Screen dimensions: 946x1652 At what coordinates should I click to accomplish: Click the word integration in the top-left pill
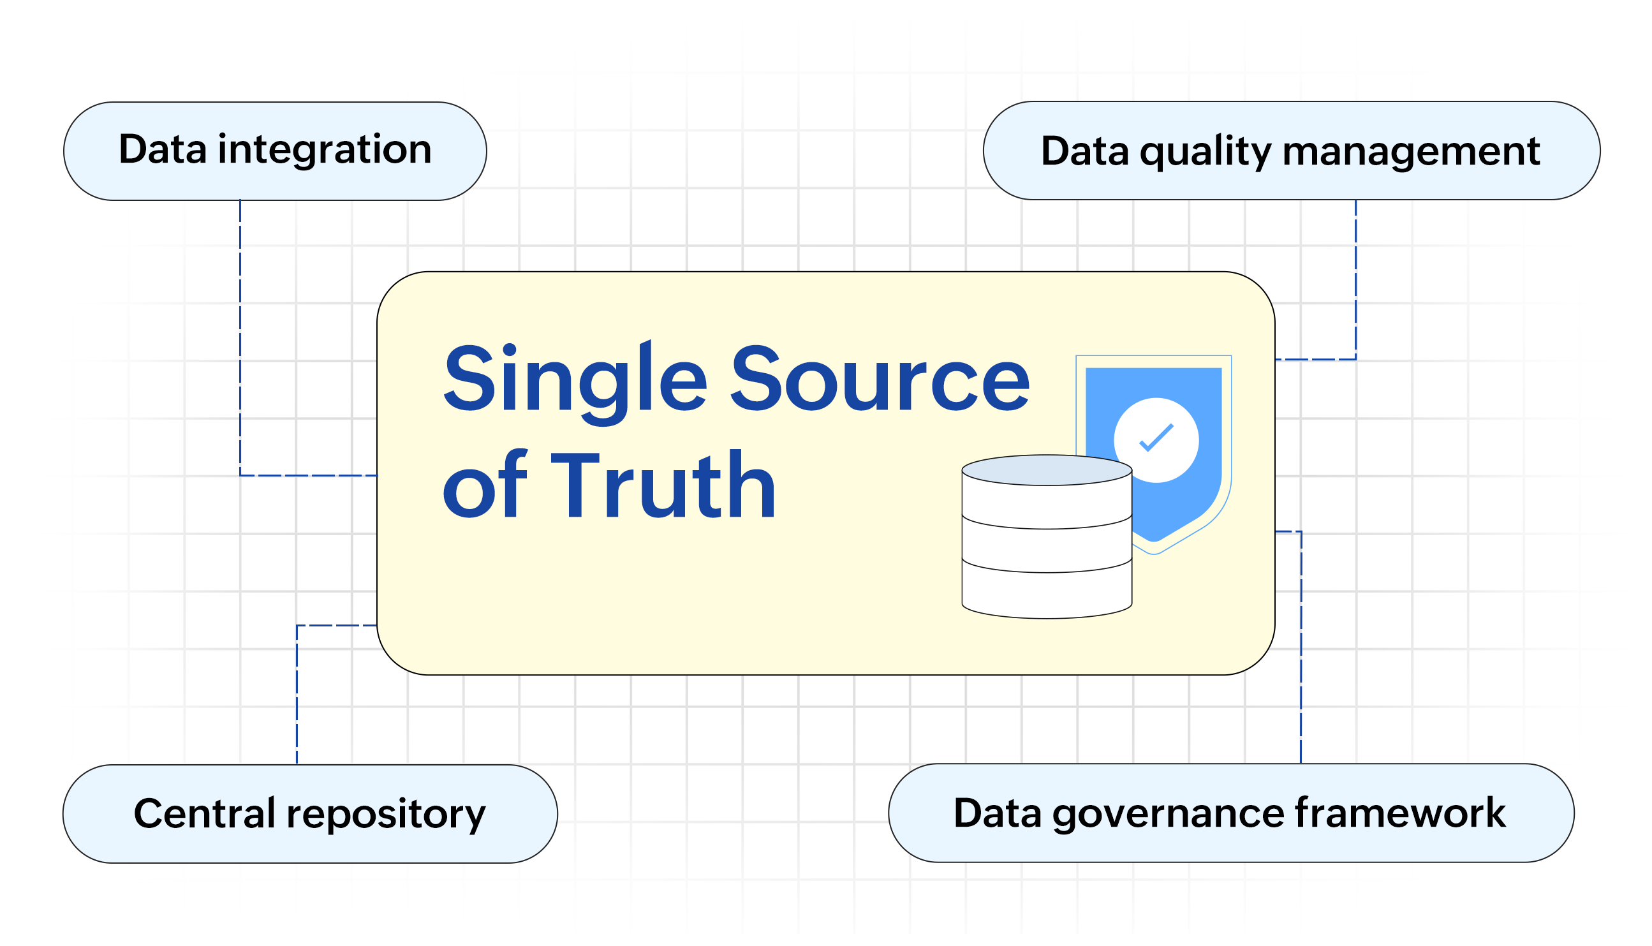pos(324,151)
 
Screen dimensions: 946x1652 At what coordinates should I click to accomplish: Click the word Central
pos(205,814)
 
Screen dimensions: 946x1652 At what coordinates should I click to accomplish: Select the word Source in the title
pos(880,380)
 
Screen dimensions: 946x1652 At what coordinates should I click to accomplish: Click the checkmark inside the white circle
pos(1156,439)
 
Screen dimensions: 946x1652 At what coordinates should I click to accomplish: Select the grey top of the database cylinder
pos(1047,470)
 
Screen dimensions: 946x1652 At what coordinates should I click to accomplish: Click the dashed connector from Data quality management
pos(1356,286)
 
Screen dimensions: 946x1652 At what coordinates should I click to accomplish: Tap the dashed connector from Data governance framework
pos(1301,650)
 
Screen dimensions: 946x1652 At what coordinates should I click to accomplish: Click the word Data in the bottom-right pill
pos(997,813)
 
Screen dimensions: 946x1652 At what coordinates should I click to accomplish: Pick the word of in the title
pos(484,485)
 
